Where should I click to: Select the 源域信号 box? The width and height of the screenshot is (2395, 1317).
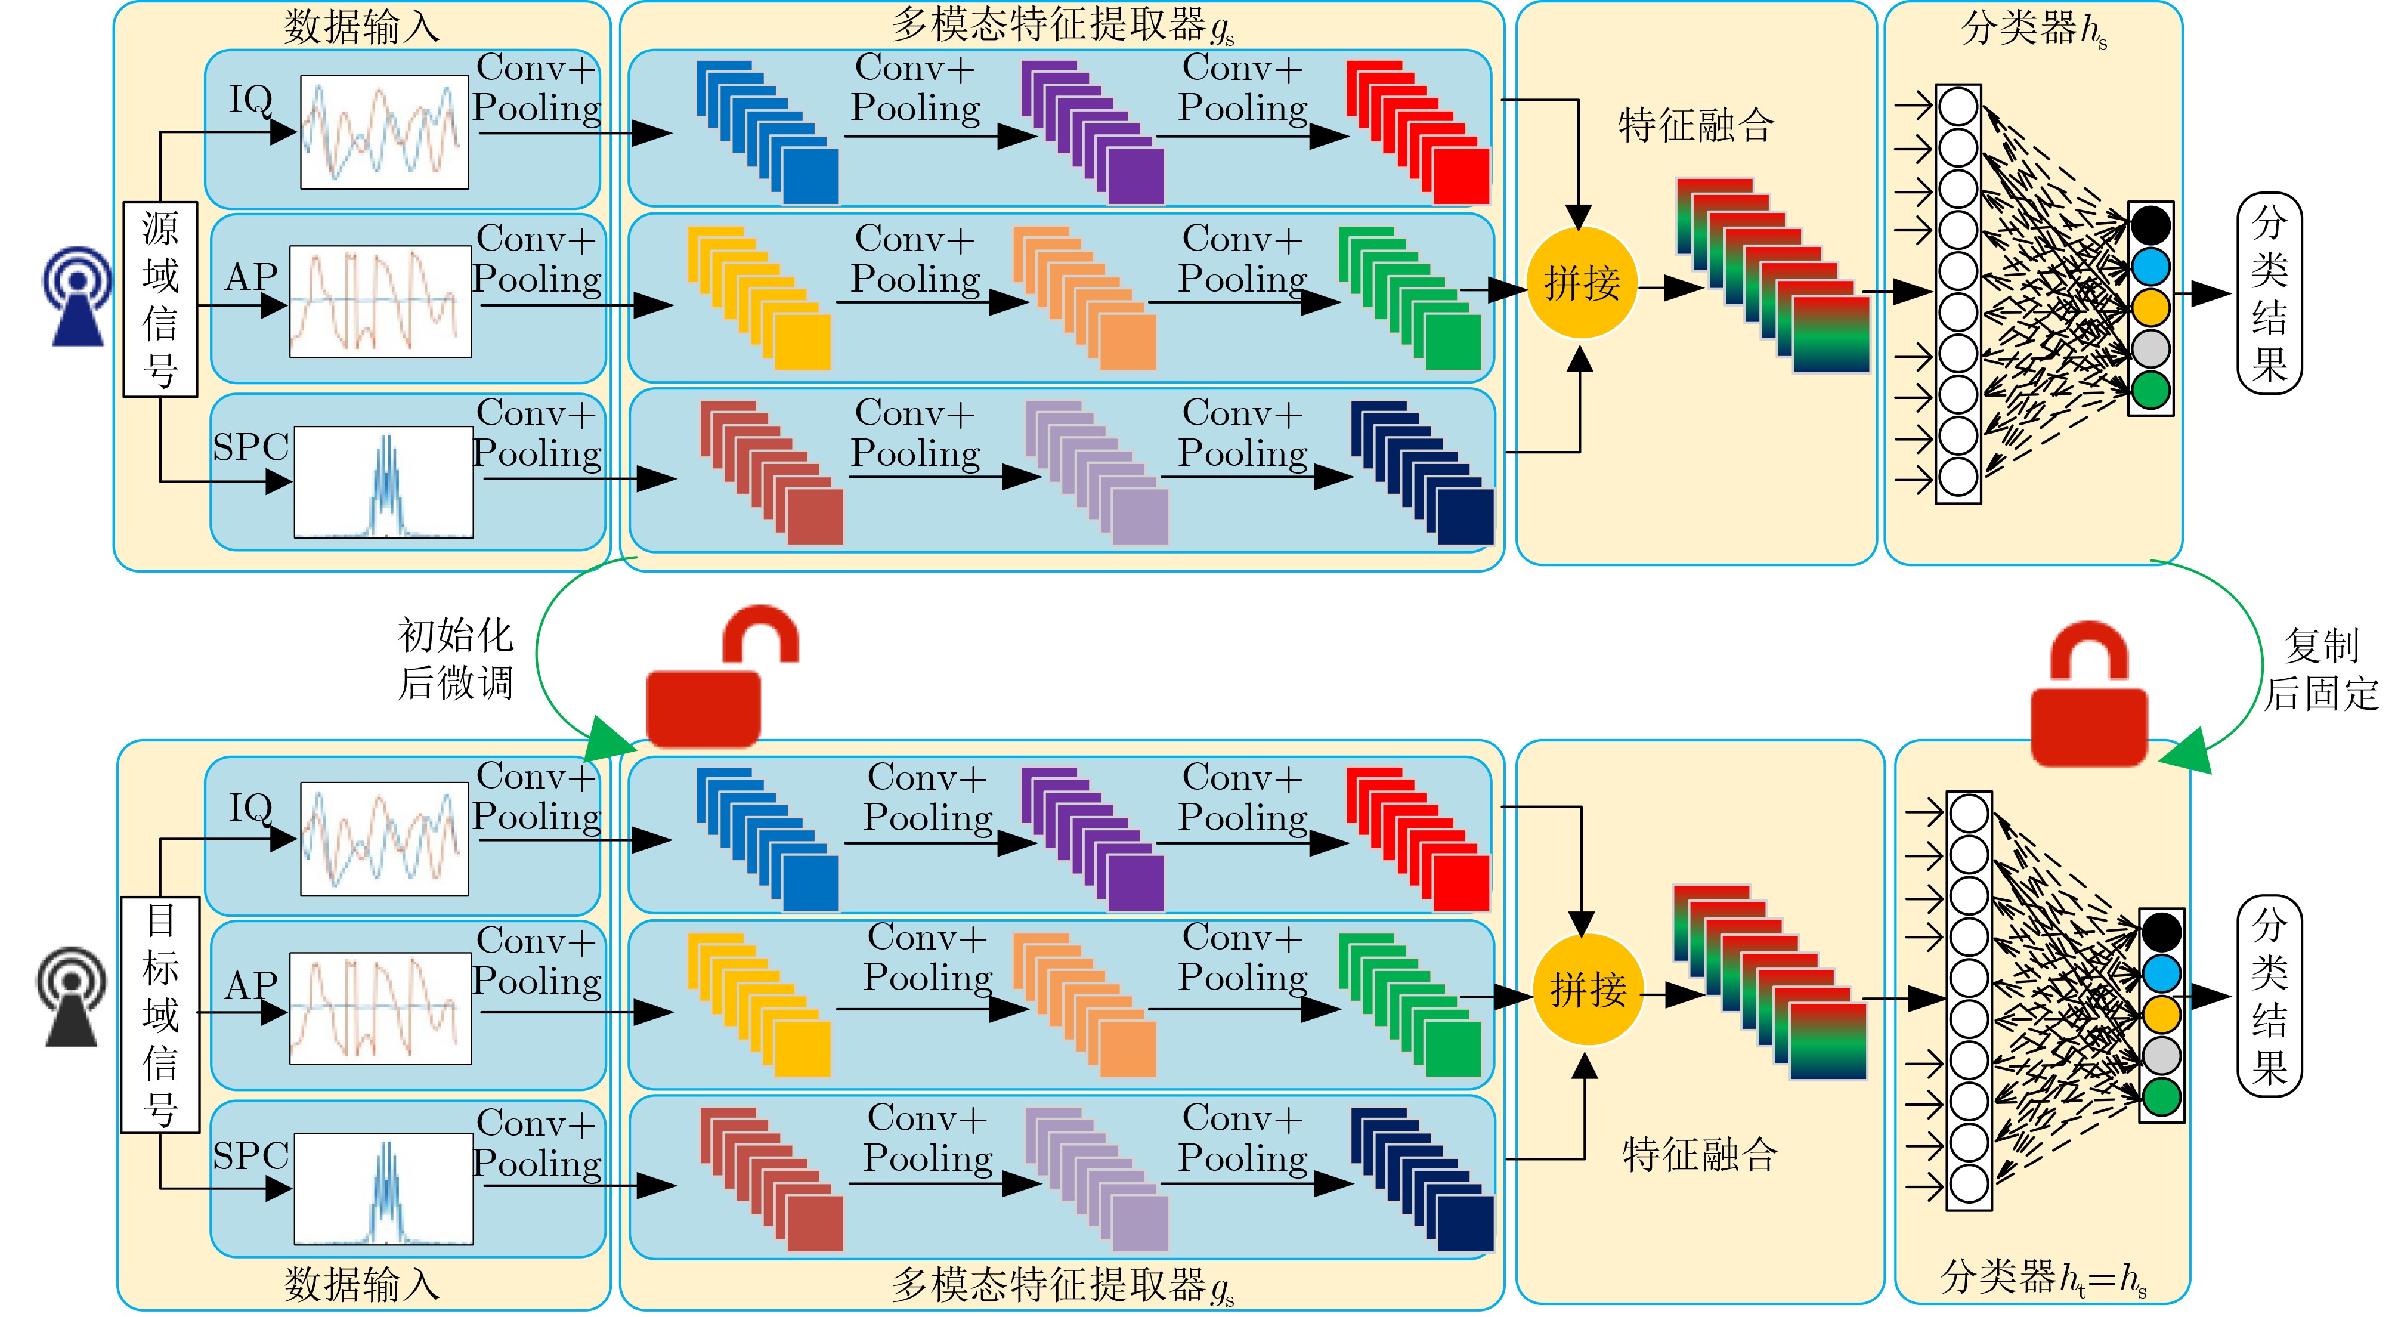pos(160,299)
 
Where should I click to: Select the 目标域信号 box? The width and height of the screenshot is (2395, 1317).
pos(160,1014)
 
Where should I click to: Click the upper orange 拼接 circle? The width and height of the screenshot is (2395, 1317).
pos(1580,283)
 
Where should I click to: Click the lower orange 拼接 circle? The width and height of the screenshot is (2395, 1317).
pos(1587,990)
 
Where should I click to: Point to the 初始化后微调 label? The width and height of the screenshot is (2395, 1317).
pos(456,658)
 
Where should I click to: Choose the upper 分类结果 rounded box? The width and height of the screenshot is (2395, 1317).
pos(2269,293)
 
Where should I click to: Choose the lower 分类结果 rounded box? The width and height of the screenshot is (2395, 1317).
pos(2269,995)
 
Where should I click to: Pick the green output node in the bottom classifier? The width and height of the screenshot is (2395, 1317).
pos(2161,1096)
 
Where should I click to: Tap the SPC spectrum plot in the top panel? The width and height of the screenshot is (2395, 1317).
pos(383,482)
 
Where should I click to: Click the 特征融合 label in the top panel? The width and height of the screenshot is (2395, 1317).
pos(1696,125)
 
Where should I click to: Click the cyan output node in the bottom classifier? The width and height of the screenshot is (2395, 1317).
pos(2161,973)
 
